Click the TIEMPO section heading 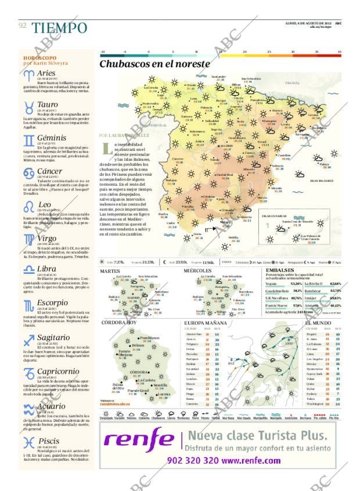(59, 27)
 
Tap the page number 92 (22, 26)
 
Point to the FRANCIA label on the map (291, 84)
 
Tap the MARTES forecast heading (110, 270)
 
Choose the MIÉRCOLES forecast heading (197, 270)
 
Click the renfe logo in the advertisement (139, 441)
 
